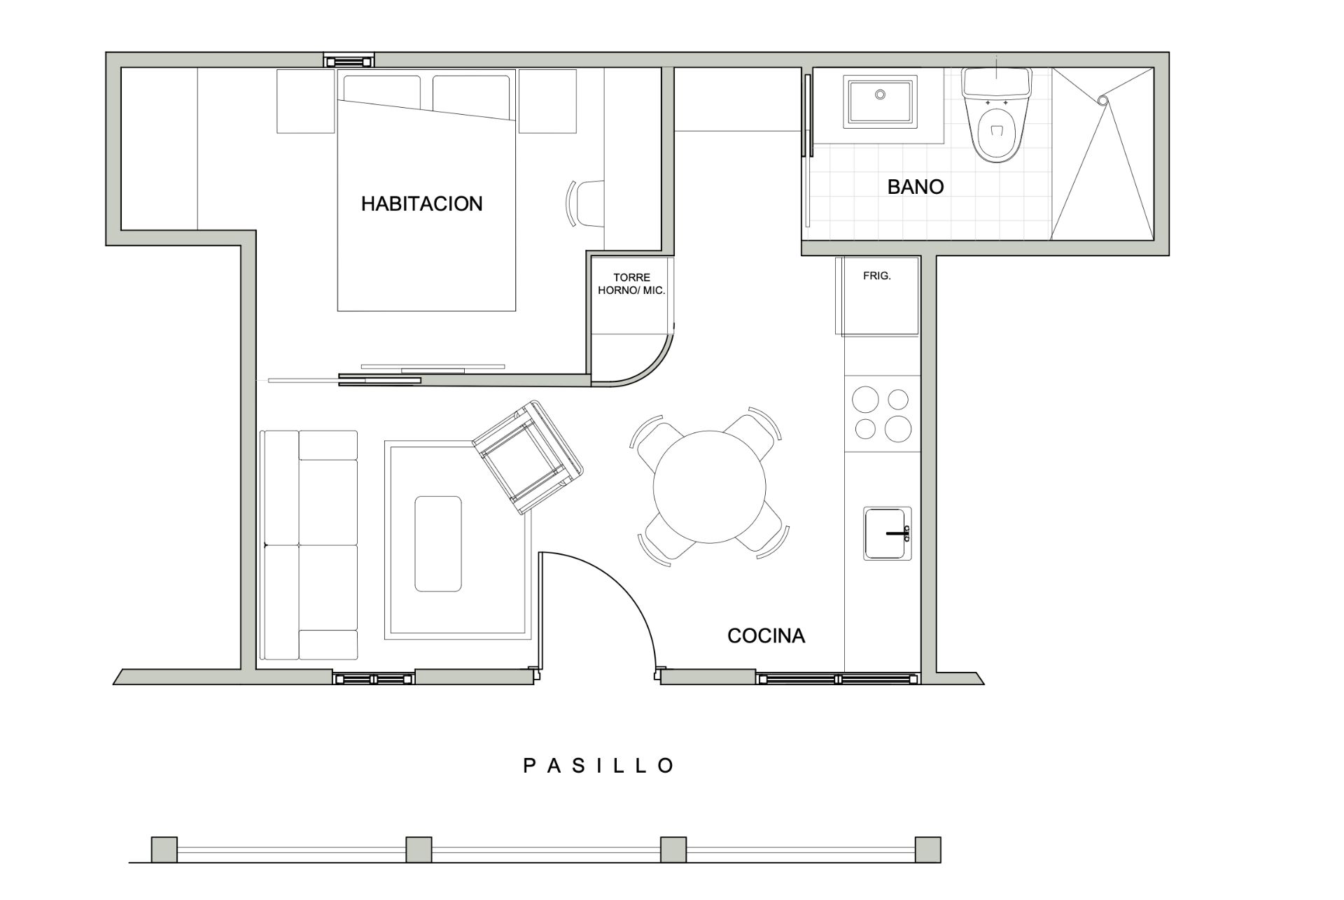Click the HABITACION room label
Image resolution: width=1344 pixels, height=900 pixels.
(421, 204)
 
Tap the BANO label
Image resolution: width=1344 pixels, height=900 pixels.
(915, 187)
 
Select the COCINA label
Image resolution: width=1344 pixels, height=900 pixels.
(766, 636)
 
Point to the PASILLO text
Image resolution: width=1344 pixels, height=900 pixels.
(599, 766)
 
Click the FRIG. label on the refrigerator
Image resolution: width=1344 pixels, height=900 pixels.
(876, 276)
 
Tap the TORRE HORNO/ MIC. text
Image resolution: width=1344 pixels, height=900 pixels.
(631, 284)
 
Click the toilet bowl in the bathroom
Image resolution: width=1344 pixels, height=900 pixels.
(997, 129)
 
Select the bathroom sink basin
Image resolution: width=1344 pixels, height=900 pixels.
(880, 102)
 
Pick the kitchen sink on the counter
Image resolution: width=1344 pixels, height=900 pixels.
(886, 533)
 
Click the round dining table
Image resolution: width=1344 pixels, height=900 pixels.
(709, 487)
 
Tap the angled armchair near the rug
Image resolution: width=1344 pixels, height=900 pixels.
(528, 458)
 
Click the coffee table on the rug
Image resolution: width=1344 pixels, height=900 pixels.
(438, 544)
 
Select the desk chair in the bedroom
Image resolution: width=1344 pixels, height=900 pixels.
(587, 204)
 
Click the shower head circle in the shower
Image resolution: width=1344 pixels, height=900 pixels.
(1102, 101)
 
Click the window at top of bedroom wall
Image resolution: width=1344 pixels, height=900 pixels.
(349, 61)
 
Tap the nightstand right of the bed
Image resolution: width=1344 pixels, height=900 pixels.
(547, 101)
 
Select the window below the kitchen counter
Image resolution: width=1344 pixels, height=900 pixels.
(837, 678)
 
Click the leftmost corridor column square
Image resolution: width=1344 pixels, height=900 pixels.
(164, 850)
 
